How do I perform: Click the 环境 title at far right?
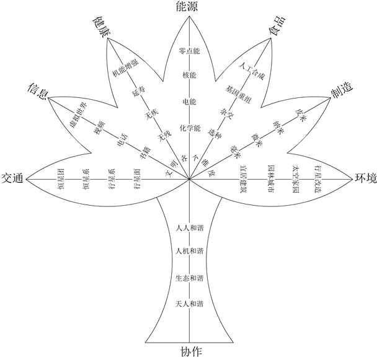tap(365, 178)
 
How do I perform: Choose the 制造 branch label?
tap(342, 90)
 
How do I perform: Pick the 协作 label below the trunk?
tap(190, 352)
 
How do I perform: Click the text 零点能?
tap(189, 50)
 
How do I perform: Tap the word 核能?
tap(189, 75)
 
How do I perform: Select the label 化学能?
tap(189, 128)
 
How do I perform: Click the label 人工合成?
tap(251, 72)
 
